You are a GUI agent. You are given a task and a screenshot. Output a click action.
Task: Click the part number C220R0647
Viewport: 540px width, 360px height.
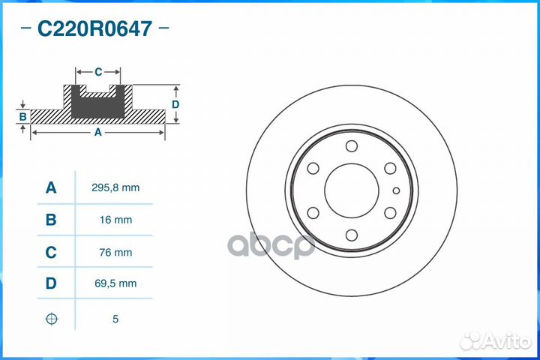click(x=94, y=29)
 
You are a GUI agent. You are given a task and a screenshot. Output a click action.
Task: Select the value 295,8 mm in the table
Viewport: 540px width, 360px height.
click(x=115, y=187)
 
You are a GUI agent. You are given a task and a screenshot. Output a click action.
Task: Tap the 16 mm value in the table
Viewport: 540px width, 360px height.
click(x=115, y=220)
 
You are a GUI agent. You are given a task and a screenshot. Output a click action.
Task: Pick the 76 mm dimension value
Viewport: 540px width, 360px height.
click(x=115, y=253)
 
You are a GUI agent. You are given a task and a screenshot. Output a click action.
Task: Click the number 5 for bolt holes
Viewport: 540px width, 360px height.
click(x=115, y=319)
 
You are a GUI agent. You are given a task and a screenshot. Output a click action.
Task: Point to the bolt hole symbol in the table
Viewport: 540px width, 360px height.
click(x=51, y=319)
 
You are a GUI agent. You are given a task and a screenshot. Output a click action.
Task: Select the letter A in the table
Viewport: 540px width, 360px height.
click(x=51, y=187)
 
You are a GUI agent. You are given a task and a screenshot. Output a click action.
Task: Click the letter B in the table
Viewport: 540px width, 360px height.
click(x=51, y=220)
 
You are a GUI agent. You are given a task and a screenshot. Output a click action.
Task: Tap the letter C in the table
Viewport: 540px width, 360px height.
click(x=51, y=253)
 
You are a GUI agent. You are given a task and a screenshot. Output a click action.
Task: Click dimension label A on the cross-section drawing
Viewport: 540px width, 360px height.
click(x=97, y=132)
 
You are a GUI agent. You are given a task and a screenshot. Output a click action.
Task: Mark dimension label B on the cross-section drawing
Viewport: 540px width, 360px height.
click(x=23, y=117)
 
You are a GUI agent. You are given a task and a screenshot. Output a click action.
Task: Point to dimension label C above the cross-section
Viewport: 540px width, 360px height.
click(x=98, y=72)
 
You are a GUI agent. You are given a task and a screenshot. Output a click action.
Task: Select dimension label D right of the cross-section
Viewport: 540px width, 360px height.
click(x=175, y=104)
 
